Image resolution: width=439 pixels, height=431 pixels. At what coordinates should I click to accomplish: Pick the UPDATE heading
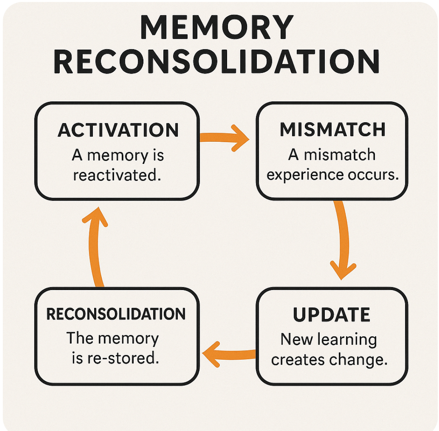(332, 315)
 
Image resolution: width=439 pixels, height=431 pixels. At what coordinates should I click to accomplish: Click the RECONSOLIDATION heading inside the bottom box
(116, 314)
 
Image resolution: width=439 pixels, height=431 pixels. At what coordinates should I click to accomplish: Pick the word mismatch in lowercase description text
(342, 155)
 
